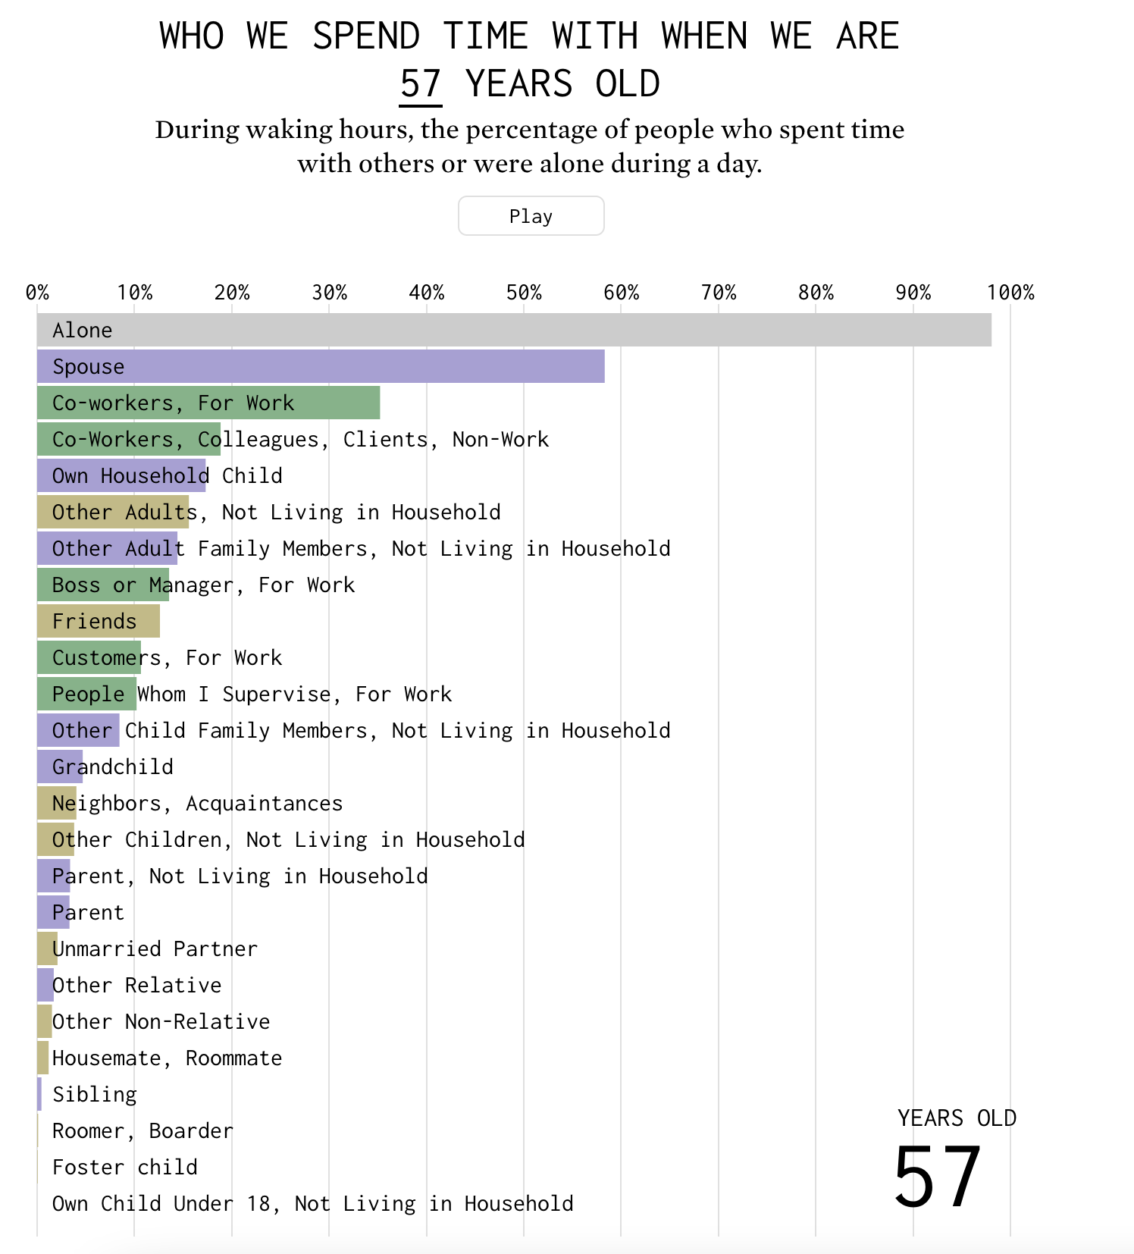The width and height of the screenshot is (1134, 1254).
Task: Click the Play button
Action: pyautogui.click(x=531, y=216)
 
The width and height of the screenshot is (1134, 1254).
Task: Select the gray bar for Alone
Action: pyautogui.click(x=514, y=330)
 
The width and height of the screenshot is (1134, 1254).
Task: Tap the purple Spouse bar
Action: pyautogui.click(x=321, y=366)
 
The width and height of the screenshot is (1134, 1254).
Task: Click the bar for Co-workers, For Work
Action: pyautogui.click(x=208, y=403)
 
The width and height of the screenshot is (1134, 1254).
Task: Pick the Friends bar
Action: pyautogui.click(x=99, y=621)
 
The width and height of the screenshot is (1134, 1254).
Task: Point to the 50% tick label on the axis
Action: pyautogui.click(x=524, y=293)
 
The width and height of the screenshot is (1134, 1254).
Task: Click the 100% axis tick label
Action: pyautogui.click(x=1010, y=293)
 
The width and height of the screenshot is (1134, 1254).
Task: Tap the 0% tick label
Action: pyautogui.click(x=38, y=293)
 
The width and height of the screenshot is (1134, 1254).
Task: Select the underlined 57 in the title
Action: pyautogui.click(x=421, y=83)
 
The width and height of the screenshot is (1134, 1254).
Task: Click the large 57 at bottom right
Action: pyautogui.click(x=938, y=1177)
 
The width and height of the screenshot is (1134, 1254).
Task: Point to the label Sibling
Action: pyautogui.click(x=95, y=1094)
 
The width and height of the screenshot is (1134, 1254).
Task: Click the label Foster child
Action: pyautogui.click(x=125, y=1167)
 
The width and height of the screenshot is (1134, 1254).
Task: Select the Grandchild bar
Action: pyautogui.click(x=60, y=767)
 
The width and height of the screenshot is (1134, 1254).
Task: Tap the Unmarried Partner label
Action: pyautogui.click(x=155, y=948)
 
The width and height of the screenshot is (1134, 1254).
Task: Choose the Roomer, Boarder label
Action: pyautogui.click(x=143, y=1130)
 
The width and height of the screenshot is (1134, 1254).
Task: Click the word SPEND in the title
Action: pyautogui.click(x=366, y=36)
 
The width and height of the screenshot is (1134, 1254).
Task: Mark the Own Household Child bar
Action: pyautogui.click(x=121, y=475)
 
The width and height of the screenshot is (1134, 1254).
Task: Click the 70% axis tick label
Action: pyautogui.click(x=719, y=293)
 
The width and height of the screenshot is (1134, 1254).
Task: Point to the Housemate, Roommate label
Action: pyautogui.click(x=167, y=1058)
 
